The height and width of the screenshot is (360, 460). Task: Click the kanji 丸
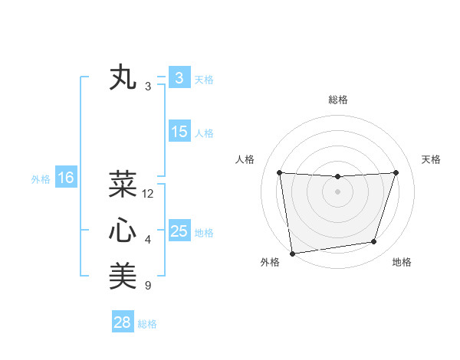(x=123, y=78)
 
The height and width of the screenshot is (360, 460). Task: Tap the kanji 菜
(x=123, y=185)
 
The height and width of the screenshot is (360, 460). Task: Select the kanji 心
(x=123, y=231)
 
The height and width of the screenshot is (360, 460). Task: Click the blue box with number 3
(x=179, y=77)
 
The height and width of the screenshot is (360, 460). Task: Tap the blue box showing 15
(x=179, y=131)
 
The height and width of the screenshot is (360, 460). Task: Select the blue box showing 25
(x=179, y=231)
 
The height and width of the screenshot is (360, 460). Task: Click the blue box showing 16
(x=65, y=178)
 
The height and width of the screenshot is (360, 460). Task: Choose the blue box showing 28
(x=122, y=322)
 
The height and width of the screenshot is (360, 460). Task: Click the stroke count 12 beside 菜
(x=148, y=194)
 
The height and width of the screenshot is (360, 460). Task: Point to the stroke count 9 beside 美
(x=148, y=286)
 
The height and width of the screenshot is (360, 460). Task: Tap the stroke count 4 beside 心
(x=148, y=240)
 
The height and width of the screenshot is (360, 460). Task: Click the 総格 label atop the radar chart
(x=338, y=100)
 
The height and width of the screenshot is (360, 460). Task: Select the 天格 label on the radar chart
(x=432, y=159)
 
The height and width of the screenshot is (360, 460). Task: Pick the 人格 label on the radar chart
(x=245, y=159)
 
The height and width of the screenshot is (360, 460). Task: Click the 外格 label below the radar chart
(x=270, y=262)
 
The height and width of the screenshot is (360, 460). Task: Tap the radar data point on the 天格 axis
(x=396, y=172)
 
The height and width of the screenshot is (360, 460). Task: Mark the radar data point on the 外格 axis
(x=292, y=253)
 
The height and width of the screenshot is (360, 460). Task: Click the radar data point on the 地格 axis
(x=374, y=242)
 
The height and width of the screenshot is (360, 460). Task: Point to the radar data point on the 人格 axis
(x=279, y=172)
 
